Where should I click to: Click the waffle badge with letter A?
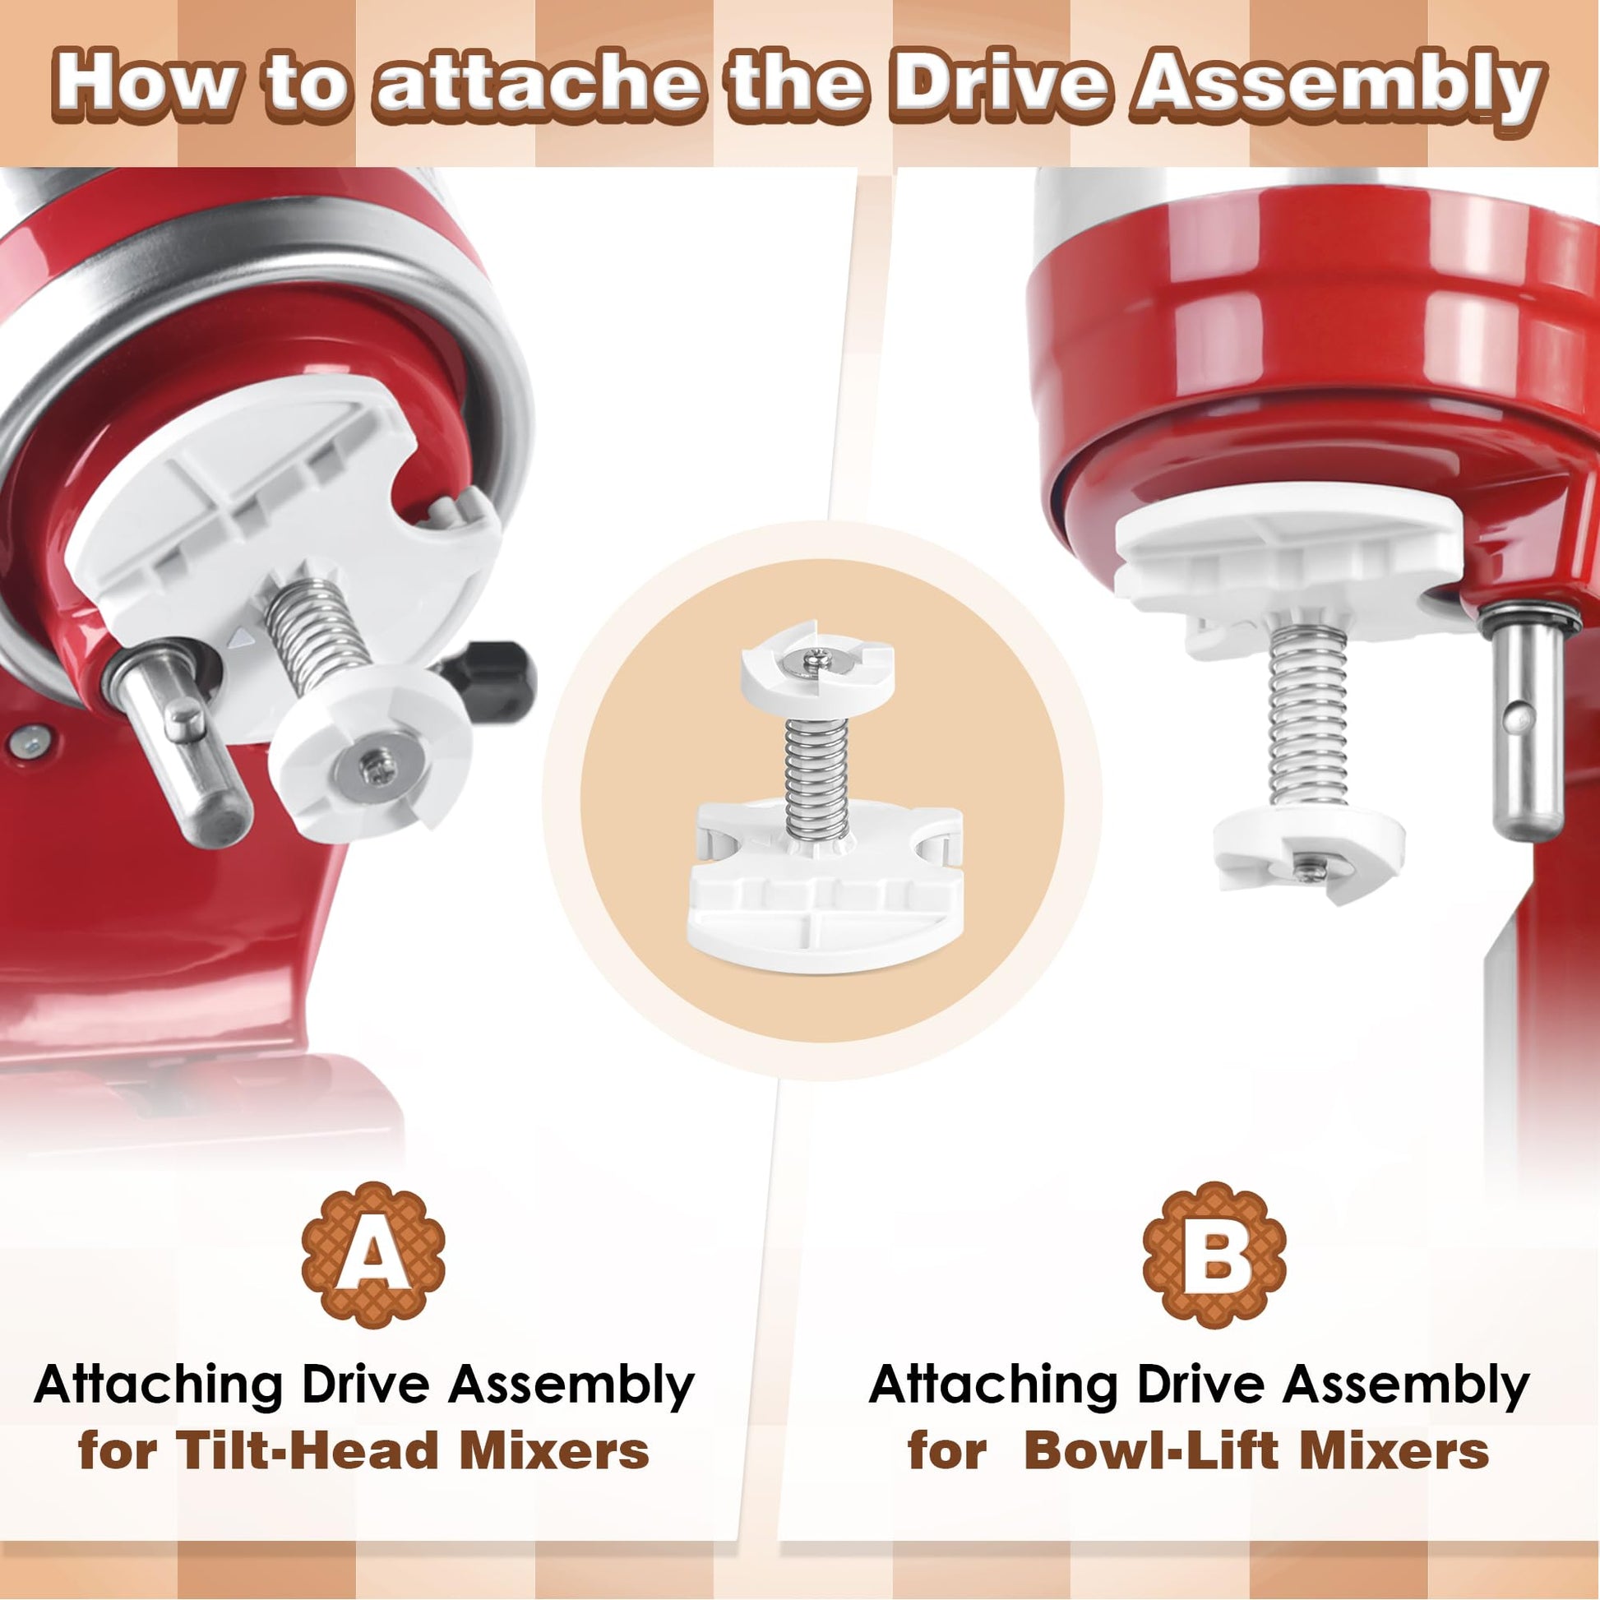point(373,1255)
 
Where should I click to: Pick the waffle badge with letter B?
point(1214,1255)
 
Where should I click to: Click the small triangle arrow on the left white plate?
point(241,638)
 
